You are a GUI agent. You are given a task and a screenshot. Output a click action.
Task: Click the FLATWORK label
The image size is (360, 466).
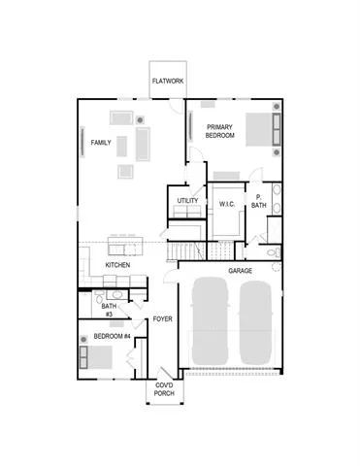pos(168,81)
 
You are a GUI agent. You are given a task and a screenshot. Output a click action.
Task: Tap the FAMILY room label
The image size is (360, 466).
pos(101,143)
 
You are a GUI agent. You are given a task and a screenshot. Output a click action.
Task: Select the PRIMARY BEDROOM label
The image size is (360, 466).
pos(220,131)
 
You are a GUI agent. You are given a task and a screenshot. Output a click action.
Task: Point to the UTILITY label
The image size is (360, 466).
pos(187,201)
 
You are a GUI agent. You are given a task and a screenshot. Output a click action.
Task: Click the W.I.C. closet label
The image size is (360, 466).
pos(227,204)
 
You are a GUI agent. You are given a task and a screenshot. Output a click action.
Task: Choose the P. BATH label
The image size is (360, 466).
pos(259,201)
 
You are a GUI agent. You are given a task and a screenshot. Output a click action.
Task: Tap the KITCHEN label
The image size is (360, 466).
pos(117,265)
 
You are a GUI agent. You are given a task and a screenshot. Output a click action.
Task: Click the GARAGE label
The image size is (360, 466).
pos(240,271)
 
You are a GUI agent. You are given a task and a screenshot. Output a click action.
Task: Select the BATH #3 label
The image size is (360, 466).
pos(109,310)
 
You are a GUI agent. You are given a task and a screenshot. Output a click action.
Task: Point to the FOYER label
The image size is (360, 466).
pos(162,319)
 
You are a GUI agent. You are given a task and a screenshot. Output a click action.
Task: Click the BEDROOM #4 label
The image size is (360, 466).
pos(112,336)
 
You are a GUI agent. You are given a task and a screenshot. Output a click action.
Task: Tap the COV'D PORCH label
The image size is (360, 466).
pos(164,389)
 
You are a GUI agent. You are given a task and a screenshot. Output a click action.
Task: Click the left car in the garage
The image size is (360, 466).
pos(211,321)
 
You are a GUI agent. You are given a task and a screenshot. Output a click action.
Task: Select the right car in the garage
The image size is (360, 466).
pos(255,322)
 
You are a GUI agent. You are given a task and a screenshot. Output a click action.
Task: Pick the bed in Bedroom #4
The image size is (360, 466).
pos(96,357)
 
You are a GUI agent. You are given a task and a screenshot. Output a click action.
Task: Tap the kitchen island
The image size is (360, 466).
pos(125,246)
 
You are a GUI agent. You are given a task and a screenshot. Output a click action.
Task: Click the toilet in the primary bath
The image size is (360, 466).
pos(275,252)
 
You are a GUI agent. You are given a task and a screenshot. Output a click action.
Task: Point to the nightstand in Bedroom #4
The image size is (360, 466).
pos(83,340)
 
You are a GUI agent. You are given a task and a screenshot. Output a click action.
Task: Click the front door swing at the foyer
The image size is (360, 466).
pos(166,373)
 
